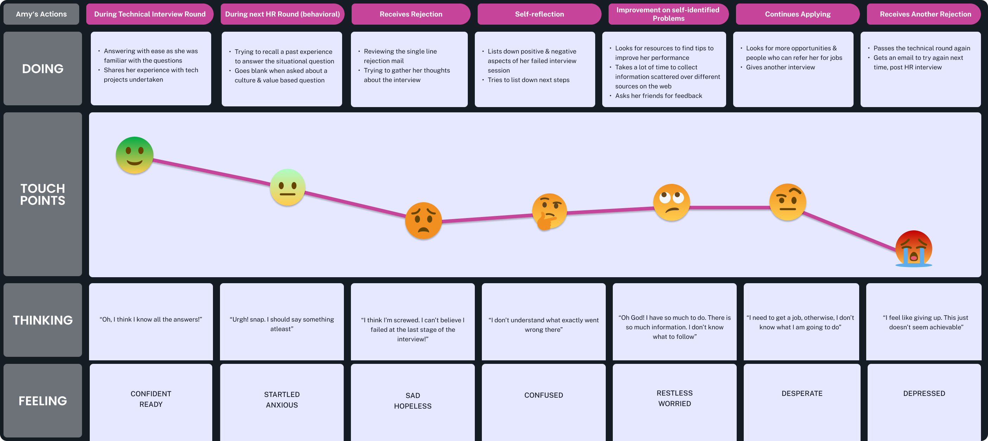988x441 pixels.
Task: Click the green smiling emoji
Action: coord(134,155)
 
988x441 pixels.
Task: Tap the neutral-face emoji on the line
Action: coord(288,187)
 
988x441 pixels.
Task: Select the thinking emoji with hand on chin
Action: coord(549,211)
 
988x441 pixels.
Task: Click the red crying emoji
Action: coord(914,249)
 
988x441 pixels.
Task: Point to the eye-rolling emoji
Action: coord(671,202)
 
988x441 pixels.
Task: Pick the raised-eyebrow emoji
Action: coord(788,202)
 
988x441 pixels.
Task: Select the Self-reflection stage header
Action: coord(539,14)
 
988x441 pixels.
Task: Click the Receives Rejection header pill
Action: coord(411,14)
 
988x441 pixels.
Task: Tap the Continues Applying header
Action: coord(798,14)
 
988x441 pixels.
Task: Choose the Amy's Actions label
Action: coord(42,14)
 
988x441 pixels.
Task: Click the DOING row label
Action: coord(43,69)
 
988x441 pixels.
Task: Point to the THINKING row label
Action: coord(43,320)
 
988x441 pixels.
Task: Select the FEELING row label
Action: coord(43,401)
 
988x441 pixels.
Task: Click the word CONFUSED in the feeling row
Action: coord(543,395)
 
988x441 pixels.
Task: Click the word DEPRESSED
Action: coord(924,393)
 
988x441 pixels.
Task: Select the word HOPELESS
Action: coord(413,406)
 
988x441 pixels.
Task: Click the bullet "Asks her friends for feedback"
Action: coord(659,96)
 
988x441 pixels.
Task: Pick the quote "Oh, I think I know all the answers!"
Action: coord(151,319)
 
